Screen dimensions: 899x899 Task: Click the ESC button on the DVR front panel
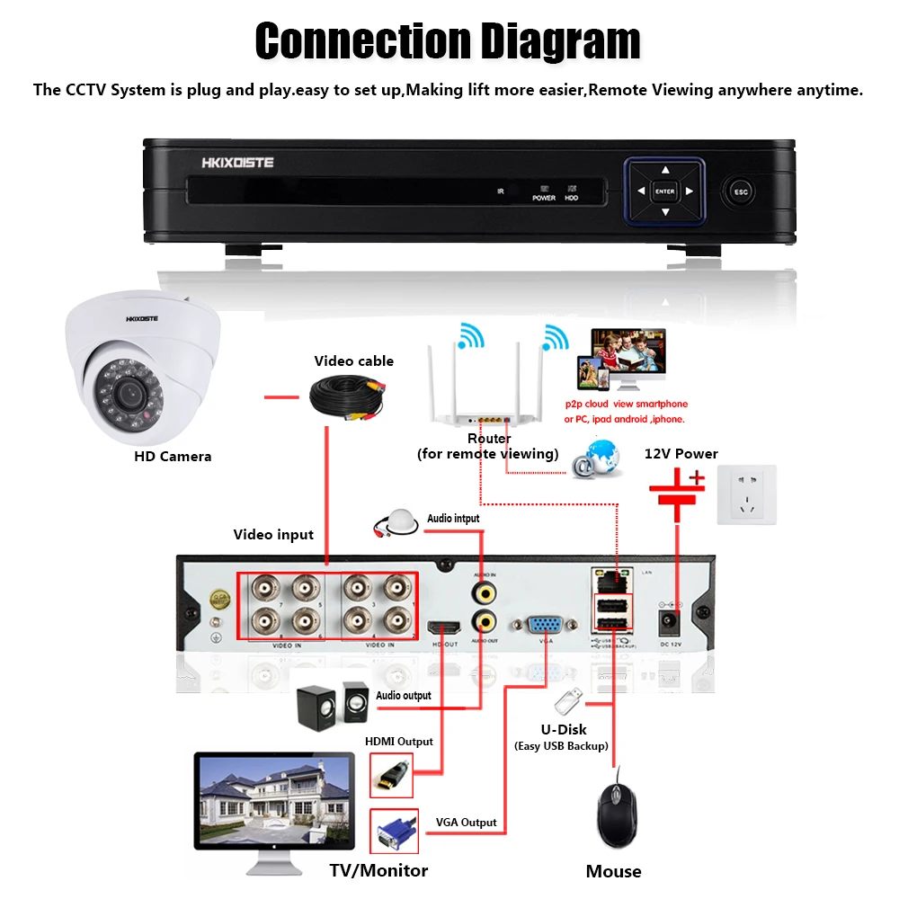[x=742, y=191]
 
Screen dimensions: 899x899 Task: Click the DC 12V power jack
[x=671, y=621]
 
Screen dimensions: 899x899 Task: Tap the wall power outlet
[x=746, y=494]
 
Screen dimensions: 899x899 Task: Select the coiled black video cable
[x=345, y=396]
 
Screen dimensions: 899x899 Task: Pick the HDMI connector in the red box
[x=392, y=774]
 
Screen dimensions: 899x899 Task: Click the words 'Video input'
[x=273, y=535]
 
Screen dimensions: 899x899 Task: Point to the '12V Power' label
[x=681, y=454]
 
